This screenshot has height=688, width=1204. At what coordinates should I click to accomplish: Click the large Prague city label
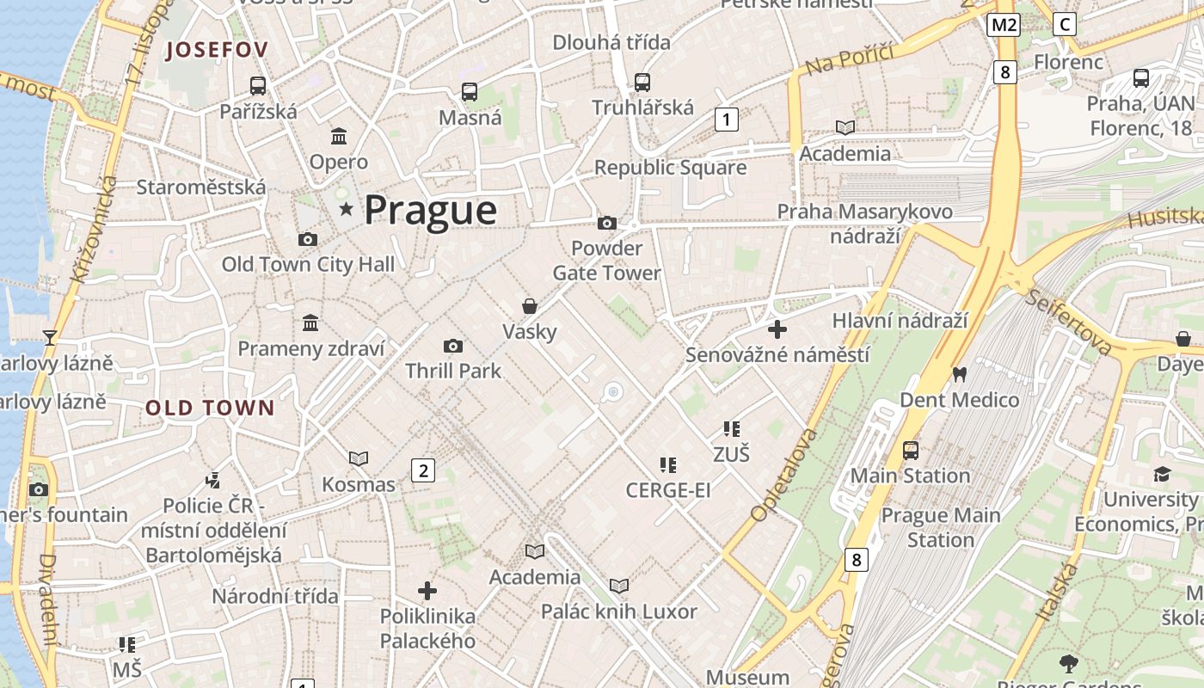point(430,211)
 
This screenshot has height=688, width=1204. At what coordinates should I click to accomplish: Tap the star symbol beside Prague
point(347,209)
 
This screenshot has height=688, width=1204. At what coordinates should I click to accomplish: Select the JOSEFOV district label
point(217,50)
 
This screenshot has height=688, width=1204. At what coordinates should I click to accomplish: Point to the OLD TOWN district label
point(210,408)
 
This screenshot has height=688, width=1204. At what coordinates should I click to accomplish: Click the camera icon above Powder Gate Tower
point(607,224)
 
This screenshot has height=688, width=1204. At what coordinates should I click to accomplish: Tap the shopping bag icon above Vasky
point(530,306)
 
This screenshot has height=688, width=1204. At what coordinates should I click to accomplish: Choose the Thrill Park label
point(453,371)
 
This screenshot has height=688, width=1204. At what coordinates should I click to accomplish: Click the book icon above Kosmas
point(359,459)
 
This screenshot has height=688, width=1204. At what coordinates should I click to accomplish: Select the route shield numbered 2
point(422,470)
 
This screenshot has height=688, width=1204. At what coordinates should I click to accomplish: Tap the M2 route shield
point(1003,24)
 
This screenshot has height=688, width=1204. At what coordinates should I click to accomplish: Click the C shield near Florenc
point(1065,24)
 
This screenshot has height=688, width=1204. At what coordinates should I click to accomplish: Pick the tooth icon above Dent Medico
point(959,375)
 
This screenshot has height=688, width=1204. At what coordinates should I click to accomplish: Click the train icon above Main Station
point(910,450)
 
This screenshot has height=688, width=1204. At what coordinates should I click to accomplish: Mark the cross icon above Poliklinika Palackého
point(427,591)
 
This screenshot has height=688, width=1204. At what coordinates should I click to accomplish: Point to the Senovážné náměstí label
point(777,354)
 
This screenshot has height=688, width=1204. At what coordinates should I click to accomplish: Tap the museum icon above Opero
point(339,137)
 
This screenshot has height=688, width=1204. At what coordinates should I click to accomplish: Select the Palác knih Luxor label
point(618,611)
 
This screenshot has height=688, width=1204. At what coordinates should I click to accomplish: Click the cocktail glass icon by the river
point(50,337)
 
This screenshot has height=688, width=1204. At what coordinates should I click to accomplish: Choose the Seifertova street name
point(1069,321)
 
